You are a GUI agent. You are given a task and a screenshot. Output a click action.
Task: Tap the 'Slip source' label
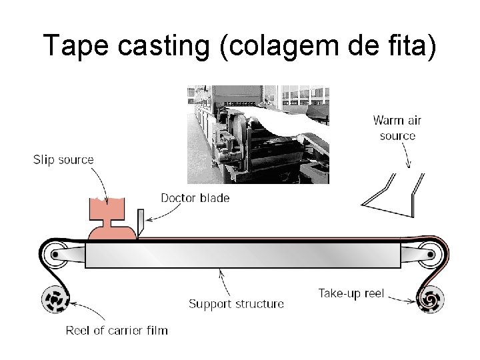[63, 159]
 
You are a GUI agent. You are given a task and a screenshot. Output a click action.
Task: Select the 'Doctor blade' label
[195, 198]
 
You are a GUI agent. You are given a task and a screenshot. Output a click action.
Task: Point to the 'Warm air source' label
[397, 128]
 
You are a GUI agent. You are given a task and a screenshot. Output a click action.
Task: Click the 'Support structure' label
[236, 304]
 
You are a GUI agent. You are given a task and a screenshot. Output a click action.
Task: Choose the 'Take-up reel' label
[351, 293]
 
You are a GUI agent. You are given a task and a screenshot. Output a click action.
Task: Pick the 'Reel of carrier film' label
[117, 330]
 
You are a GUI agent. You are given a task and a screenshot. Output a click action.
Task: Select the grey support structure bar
[243, 255]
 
